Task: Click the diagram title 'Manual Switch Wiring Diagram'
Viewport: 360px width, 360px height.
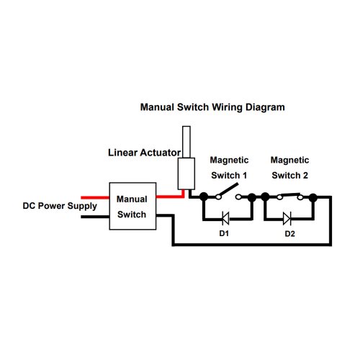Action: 212,107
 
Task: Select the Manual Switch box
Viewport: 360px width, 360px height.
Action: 132,206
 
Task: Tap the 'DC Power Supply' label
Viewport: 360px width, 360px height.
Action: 60,206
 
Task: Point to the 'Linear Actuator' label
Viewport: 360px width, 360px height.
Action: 144,153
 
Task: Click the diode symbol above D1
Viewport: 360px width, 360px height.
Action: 225,218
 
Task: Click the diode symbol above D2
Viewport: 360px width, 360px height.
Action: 287,218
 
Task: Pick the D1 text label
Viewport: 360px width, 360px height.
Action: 224,233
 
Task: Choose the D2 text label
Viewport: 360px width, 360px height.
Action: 289,233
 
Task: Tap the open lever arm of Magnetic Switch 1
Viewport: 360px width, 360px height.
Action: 229,189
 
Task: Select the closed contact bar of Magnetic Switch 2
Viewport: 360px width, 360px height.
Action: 290,194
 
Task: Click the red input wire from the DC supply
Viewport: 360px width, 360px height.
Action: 95,197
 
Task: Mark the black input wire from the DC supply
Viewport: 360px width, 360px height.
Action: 95,217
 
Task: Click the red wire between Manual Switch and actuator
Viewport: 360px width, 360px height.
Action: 171,196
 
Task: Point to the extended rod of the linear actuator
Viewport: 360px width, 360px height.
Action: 186,142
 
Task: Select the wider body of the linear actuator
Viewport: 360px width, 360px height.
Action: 186,174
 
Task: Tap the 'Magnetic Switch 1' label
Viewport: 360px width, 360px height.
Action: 229,168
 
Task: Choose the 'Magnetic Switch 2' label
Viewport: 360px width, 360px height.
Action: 289,168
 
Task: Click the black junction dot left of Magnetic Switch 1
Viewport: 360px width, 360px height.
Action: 204,197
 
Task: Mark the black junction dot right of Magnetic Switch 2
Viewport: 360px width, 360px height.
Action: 312,197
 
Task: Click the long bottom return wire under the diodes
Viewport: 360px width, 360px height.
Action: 252,245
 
